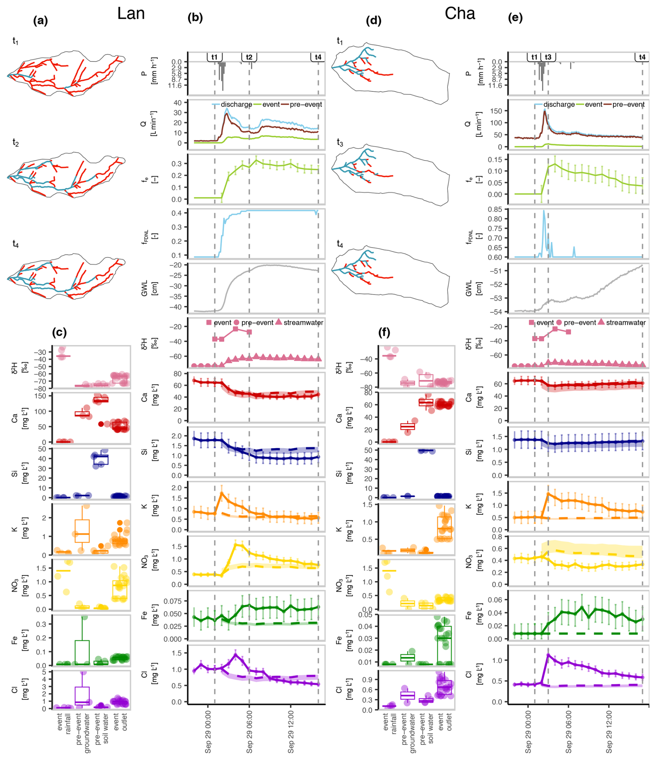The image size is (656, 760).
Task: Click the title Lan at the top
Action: tap(131, 14)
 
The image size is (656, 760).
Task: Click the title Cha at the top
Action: tap(459, 14)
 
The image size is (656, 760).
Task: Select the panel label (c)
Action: tap(59, 332)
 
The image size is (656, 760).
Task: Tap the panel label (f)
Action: tap(384, 332)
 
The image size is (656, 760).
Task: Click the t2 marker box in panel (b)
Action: tap(249, 57)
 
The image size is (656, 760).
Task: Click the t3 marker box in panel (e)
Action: tap(548, 57)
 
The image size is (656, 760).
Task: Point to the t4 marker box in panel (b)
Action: tap(318, 57)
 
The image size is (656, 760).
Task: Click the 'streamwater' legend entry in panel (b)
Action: tap(303, 323)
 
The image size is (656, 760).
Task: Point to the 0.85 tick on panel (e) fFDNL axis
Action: tap(495, 210)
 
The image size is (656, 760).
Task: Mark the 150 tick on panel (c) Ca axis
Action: tap(40, 396)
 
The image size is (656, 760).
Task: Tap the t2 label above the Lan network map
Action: tap(15, 143)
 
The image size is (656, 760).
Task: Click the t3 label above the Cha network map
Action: tap(340, 143)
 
